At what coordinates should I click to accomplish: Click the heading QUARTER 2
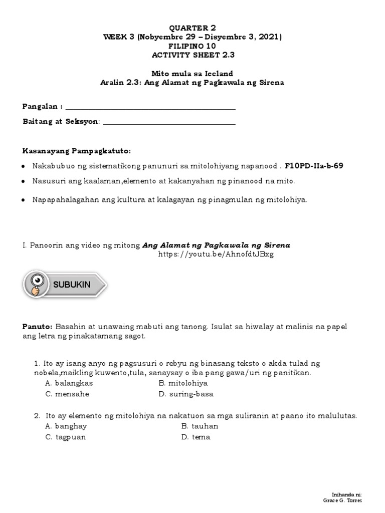[192, 28]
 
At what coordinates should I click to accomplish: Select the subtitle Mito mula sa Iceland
[192, 74]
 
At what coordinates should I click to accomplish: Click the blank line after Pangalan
[150, 107]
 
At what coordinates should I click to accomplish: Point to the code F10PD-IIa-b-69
[314, 166]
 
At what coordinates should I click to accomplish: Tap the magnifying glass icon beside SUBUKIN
[37, 284]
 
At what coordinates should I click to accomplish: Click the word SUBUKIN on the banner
[72, 285]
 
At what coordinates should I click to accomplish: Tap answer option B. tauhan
[200, 426]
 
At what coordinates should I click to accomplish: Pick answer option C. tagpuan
[65, 437]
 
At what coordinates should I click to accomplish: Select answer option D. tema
[196, 437]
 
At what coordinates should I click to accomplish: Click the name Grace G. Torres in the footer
[343, 500]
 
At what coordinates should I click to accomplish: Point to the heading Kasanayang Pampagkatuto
[77, 151]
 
